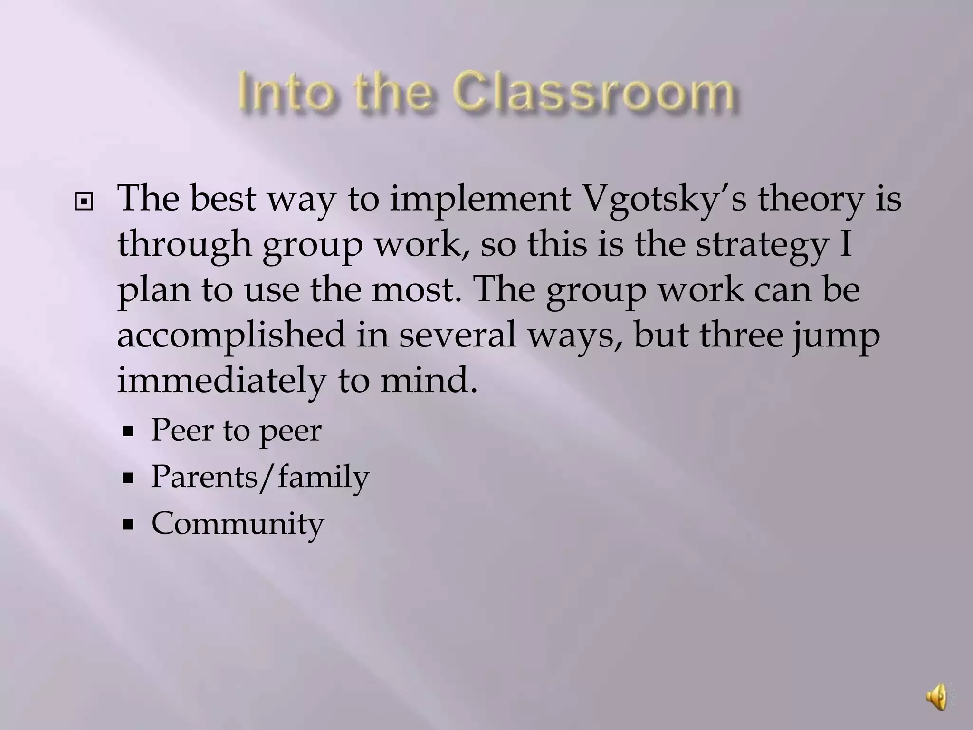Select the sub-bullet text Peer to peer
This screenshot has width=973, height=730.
[236, 431]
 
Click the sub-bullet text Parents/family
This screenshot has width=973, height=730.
[260, 477]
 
